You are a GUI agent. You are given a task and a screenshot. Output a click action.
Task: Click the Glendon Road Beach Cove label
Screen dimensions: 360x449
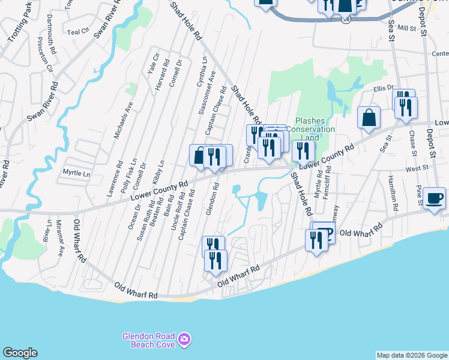click(148, 340)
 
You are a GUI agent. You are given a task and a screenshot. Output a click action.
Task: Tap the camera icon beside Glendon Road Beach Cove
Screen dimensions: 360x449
click(184, 340)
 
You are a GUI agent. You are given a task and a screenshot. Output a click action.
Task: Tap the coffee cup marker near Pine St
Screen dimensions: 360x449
click(434, 197)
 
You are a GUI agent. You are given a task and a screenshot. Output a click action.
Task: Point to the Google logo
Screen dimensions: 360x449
click(20, 353)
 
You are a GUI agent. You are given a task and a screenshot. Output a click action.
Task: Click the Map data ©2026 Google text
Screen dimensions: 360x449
click(412, 355)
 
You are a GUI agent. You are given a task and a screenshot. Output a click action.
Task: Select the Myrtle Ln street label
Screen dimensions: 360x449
click(76, 173)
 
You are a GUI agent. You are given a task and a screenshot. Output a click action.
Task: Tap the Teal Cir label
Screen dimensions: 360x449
click(78, 32)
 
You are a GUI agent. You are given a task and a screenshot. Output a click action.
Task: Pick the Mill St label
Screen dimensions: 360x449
click(406, 28)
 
